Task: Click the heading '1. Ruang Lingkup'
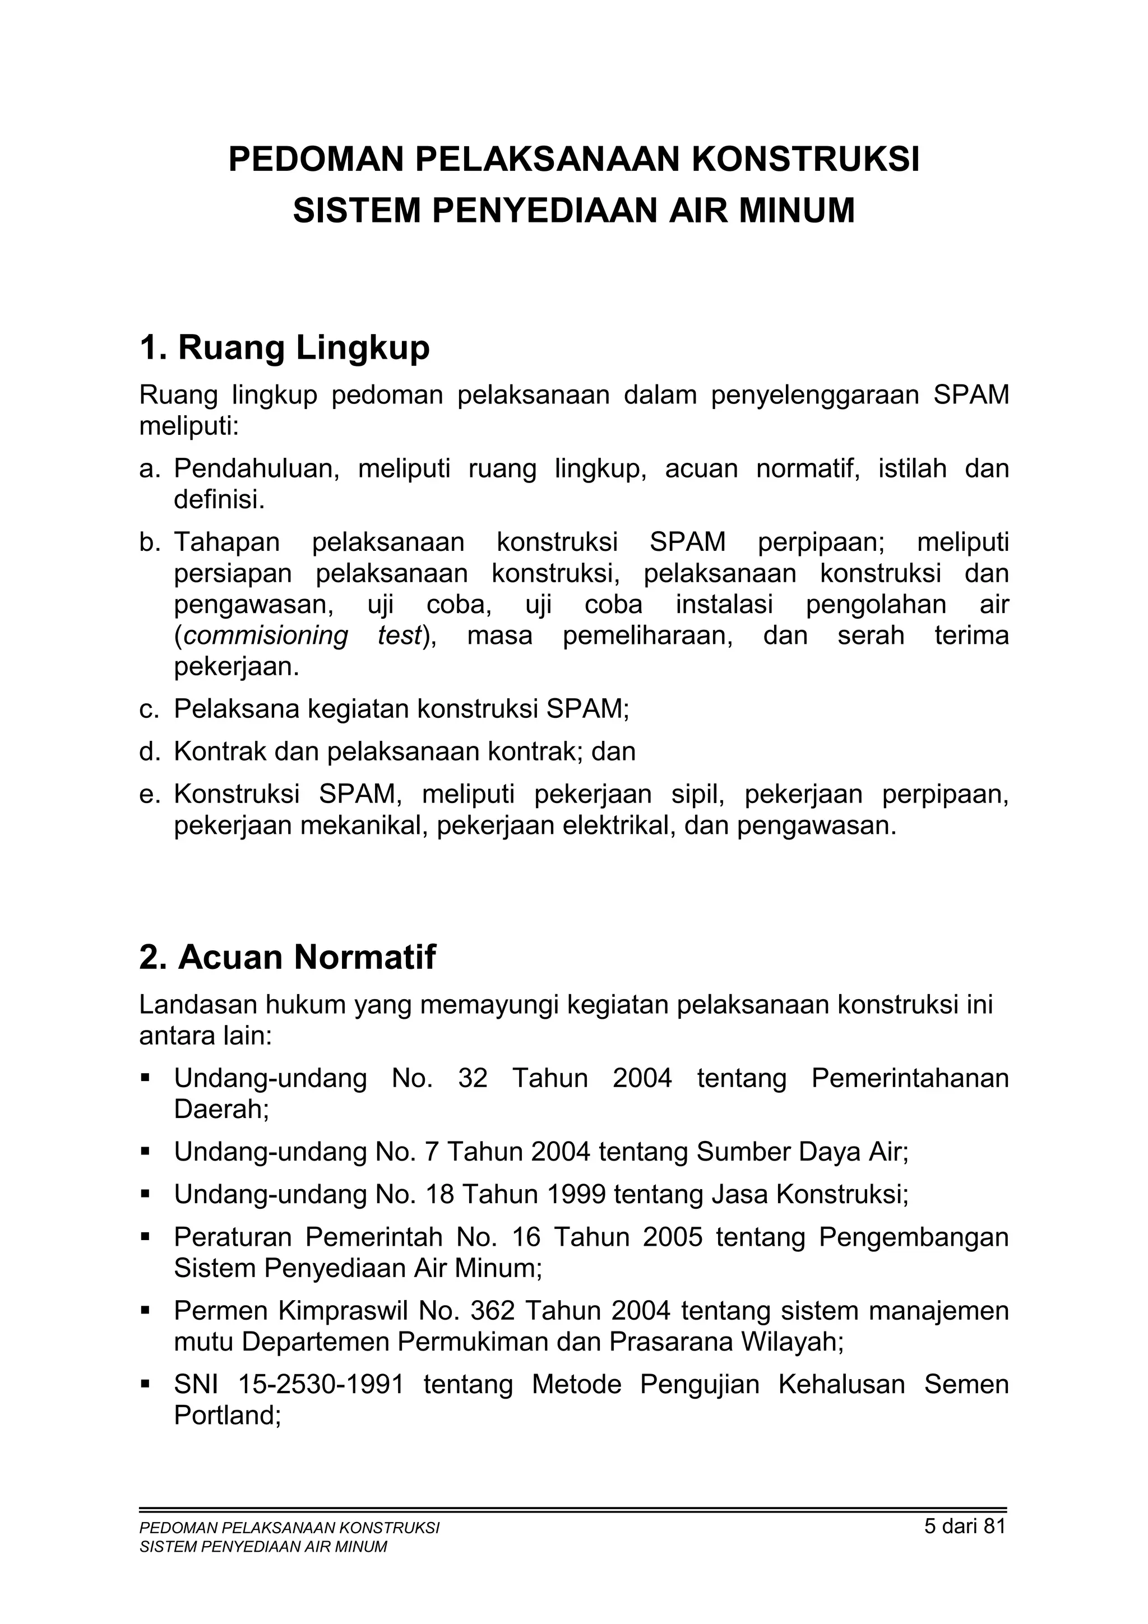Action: tap(284, 348)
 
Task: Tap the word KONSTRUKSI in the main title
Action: tap(805, 159)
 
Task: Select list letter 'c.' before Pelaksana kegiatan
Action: tap(149, 709)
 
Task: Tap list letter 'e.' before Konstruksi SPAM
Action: tap(149, 795)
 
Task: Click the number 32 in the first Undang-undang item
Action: tap(473, 1079)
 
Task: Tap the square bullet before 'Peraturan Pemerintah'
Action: tap(146, 1238)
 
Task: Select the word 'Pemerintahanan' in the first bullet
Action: tap(910, 1079)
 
